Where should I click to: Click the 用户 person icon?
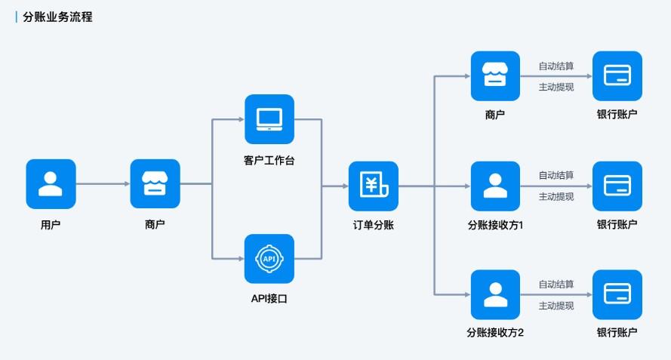(51, 183)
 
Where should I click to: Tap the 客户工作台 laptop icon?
(269, 119)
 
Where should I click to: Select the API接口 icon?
(269, 259)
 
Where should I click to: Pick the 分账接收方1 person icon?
(495, 186)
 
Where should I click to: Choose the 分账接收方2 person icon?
(495, 294)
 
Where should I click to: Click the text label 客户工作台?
(269, 159)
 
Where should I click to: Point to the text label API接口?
(269, 299)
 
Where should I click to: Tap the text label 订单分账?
(373, 225)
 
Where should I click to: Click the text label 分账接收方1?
(495, 225)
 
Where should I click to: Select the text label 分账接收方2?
(495, 333)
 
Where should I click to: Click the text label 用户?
(51, 224)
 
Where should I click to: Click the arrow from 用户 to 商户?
(103, 184)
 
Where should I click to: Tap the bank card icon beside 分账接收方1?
(617, 186)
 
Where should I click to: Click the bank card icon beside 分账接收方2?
(617, 294)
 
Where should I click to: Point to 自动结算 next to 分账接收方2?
(556, 285)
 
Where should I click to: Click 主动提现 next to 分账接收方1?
(556, 197)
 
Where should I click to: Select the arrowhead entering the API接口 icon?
(239, 259)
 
